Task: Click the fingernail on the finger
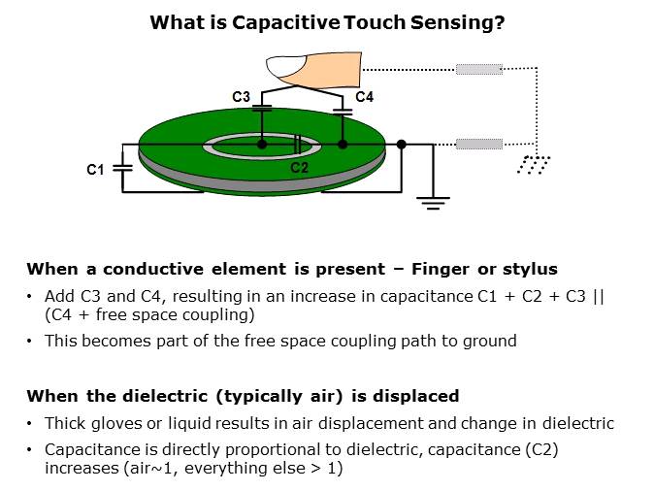click(290, 66)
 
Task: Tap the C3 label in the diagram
click(242, 97)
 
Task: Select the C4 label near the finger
click(364, 97)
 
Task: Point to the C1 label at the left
click(95, 170)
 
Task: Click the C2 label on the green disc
click(300, 168)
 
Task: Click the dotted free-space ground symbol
click(533, 164)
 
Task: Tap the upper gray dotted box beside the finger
click(479, 69)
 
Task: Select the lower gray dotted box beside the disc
click(479, 145)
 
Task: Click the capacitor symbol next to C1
click(122, 167)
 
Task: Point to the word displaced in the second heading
click(419, 396)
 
